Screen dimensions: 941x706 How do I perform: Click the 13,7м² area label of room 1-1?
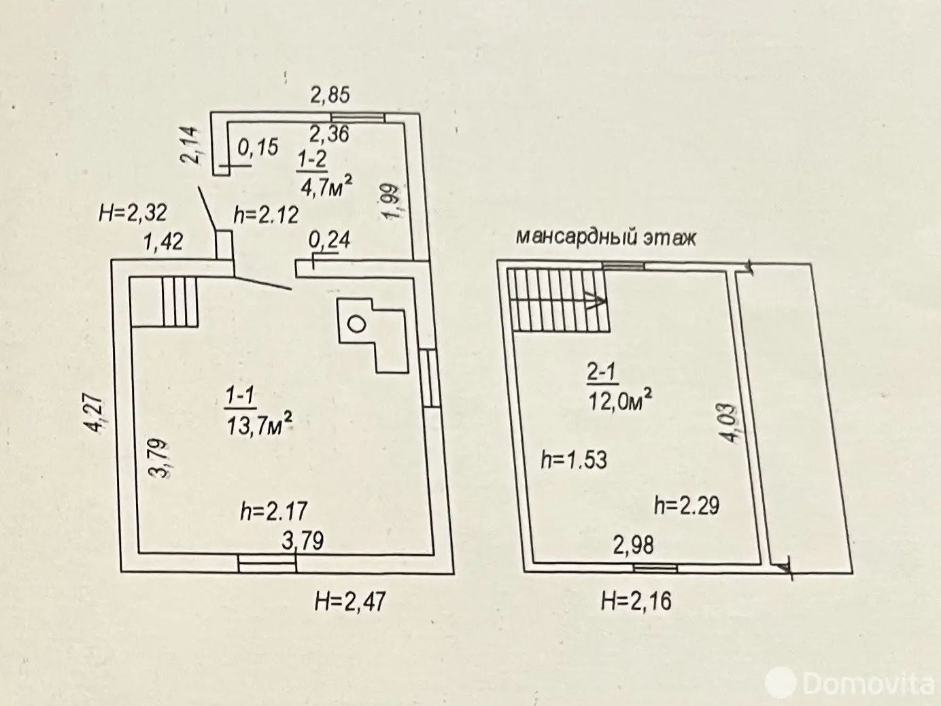point(261,424)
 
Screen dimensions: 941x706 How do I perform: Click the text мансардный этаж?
point(606,237)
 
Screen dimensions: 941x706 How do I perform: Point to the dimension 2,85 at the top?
point(330,95)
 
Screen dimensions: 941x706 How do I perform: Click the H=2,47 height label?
point(350,601)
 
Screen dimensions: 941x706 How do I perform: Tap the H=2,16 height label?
point(636,601)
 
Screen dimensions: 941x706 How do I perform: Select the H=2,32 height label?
point(133,214)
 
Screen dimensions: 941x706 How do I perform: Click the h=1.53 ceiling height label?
point(573,460)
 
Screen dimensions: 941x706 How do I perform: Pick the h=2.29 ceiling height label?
point(687,505)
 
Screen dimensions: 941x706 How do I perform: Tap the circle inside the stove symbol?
point(356,324)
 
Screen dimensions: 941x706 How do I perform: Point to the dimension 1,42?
point(163,241)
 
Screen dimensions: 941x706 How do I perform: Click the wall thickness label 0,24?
point(329,240)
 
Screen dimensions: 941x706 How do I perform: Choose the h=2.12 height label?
point(266,215)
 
